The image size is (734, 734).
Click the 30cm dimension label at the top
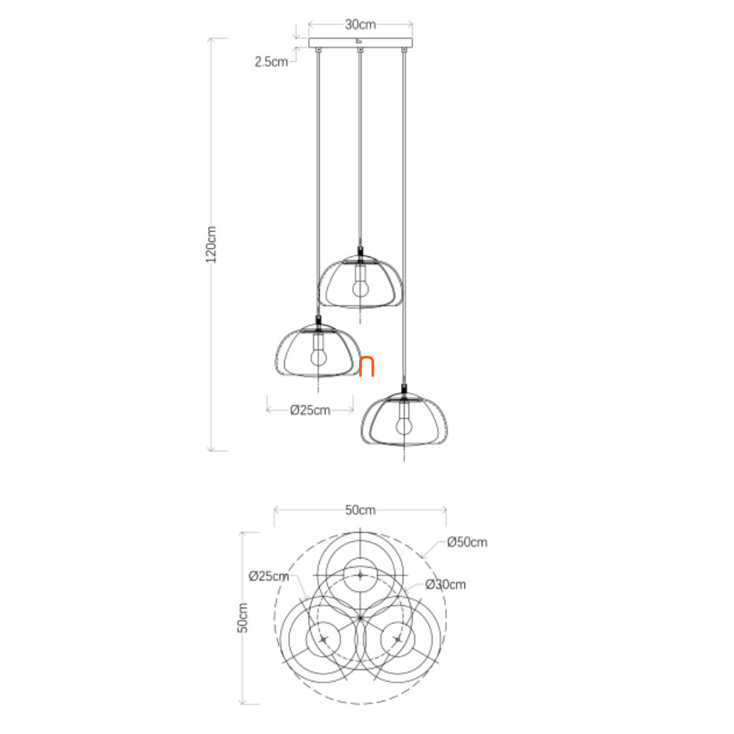coord(360,24)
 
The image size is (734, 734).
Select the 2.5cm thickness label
coord(271,62)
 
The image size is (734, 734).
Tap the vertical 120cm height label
coord(211,244)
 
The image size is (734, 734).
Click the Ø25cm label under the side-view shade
coord(310,410)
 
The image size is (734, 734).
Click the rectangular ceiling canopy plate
coord(360,43)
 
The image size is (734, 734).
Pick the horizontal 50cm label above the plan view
coord(360,509)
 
